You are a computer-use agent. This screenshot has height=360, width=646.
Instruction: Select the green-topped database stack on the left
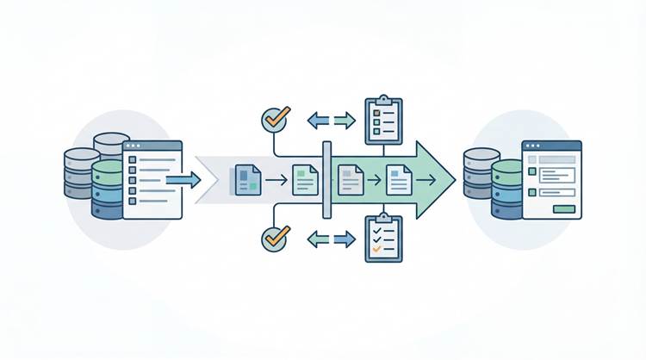click(108, 188)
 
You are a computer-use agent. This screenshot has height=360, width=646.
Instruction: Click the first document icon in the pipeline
click(246, 179)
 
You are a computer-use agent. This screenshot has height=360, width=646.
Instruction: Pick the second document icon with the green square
click(305, 179)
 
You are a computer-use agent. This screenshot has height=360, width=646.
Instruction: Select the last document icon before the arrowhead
click(399, 179)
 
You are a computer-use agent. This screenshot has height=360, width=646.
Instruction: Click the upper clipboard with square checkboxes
click(383, 121)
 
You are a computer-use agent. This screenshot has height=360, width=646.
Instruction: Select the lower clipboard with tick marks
click(383, 239)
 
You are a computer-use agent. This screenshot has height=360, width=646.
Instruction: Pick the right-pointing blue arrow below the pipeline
click(345, 239)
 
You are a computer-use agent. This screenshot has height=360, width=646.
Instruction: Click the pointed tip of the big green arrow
click(454, 179)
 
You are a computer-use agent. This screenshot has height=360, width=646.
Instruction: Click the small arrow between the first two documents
click(276, 180)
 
